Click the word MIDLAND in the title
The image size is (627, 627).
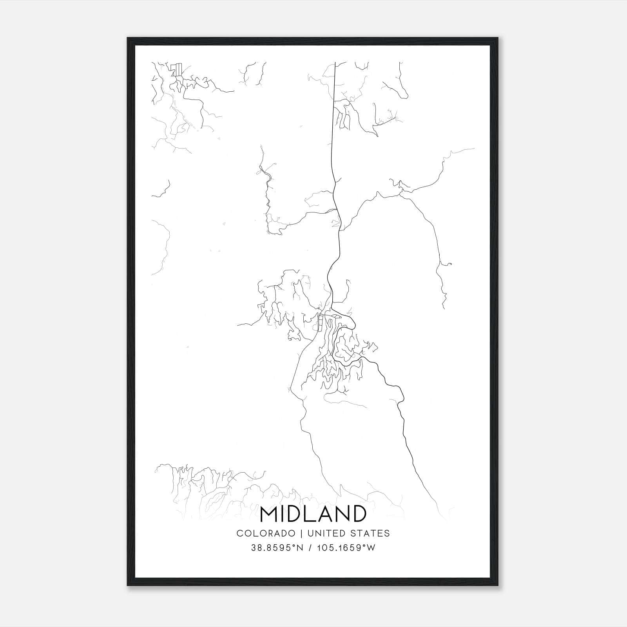pos(313,514)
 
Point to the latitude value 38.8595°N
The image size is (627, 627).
pos(277,548)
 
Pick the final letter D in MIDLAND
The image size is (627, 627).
pos(358,514)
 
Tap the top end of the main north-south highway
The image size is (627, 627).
pos(335,63)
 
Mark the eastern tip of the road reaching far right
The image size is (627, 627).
pos(474,149)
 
